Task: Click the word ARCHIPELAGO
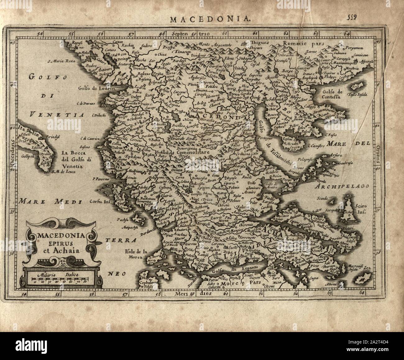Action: tap(343, 187)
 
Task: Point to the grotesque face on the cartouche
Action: tap(58, 264)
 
